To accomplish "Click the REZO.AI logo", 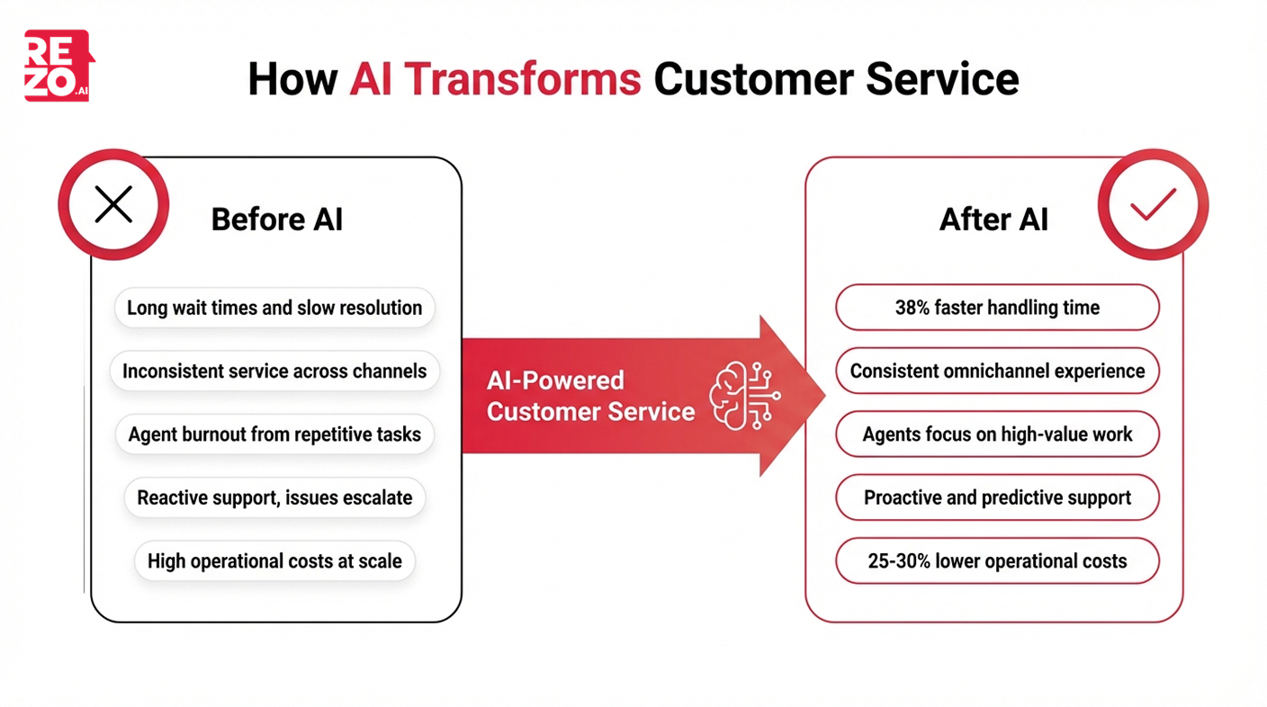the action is pyautogui.click(x=58, y=66).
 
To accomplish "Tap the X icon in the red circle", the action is pyautogui.click(x=113, y=205).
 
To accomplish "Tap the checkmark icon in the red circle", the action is pyautogui.click(x=1153, y=205).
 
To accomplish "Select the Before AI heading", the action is pyautogui.click(x=276, y=219).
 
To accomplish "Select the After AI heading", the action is pyautogui.click(x=993, y=219).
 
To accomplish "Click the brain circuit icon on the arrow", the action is pyautogui.click(x=743, y=396).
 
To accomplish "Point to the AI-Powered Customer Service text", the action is pyautogui.click(x=590, y=396).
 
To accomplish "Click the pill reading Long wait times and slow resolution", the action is pyautogui.click(x=274, y=308).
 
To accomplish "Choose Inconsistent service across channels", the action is pyautogui.click(x=274, y=371).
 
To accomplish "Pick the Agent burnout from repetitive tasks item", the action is pyautogui.click(x=274, y=434).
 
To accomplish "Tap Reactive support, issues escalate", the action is pyautogui.click(x=274, y=497).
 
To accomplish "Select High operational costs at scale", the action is pyautogui.click(x=274, y=561).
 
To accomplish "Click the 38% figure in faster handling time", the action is pyautogui.click(x=913, y=308).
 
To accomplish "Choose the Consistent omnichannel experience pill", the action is pyautogui.click(x=997, y=371).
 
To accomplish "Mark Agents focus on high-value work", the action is pyautogui.click(x=997, y=434).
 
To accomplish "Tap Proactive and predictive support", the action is pyautogui.click(x=997, y=497).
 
